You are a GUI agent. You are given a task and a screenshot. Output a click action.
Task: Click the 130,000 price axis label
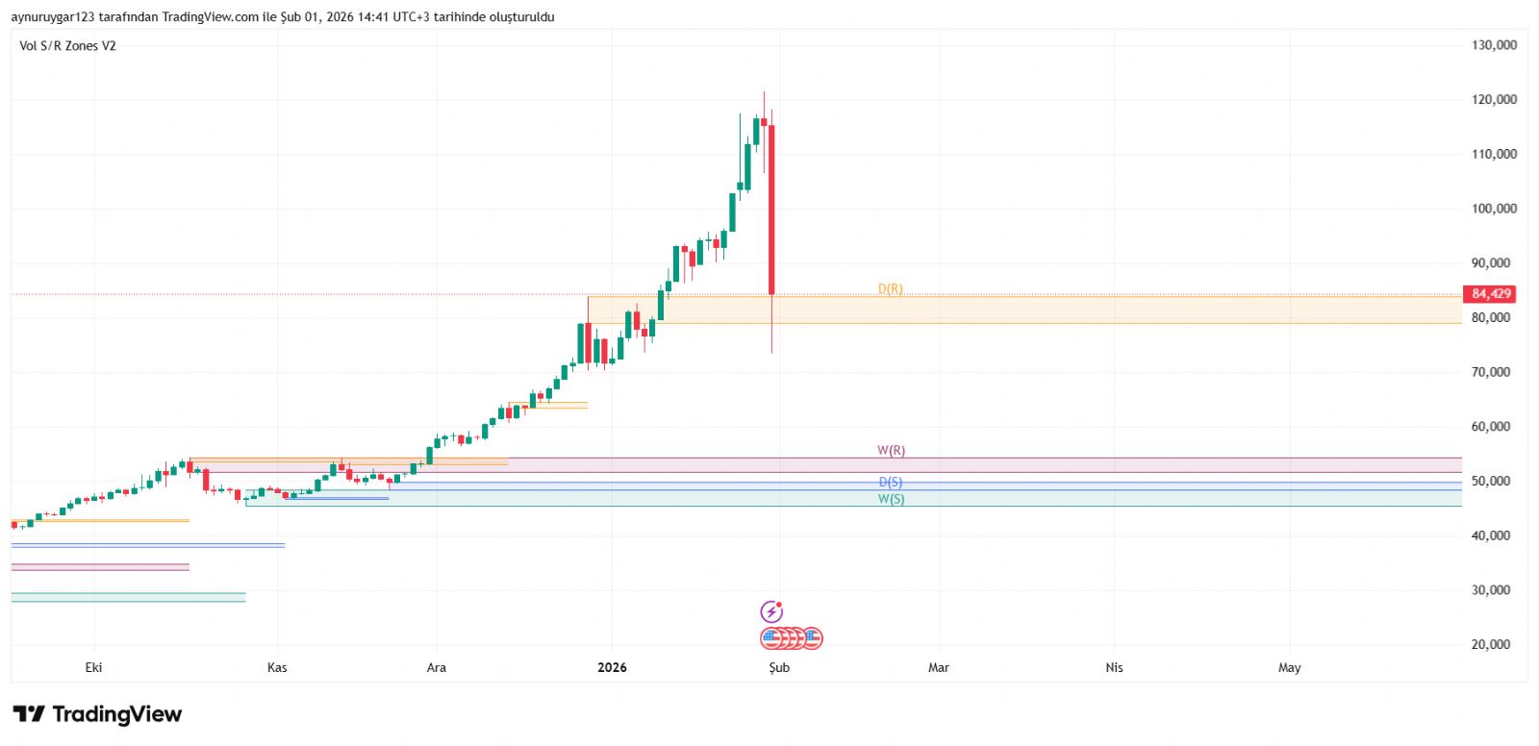[1494, 45]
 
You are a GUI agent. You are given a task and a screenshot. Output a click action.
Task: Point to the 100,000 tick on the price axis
[1494, 209]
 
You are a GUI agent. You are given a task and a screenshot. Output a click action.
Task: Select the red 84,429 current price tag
[1490, 294]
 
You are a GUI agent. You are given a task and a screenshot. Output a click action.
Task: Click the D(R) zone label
[891, 289]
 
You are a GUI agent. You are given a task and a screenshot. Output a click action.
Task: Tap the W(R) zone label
[891, 451]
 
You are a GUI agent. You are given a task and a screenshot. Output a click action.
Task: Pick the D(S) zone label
[891, 483]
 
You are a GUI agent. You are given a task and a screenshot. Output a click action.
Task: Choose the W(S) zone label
[891, 499]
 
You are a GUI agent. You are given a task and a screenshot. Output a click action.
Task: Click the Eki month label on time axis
[93, 667]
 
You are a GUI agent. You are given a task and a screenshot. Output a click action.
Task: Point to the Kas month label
[277, 667]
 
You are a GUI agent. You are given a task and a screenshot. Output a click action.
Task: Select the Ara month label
[437, 667]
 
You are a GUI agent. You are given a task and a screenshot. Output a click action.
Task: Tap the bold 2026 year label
[612, 667]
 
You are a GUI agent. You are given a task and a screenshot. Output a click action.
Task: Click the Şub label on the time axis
[779, 667]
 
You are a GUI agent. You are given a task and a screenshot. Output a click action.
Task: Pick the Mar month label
[939, 667]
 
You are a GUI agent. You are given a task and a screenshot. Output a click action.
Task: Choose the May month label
[1289, 667]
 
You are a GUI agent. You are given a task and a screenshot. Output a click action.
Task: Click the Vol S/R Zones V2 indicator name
[67, 46]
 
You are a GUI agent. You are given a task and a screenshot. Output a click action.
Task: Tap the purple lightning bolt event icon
[771, 611]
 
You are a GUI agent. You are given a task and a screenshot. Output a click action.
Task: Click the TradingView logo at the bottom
[97, 714]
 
